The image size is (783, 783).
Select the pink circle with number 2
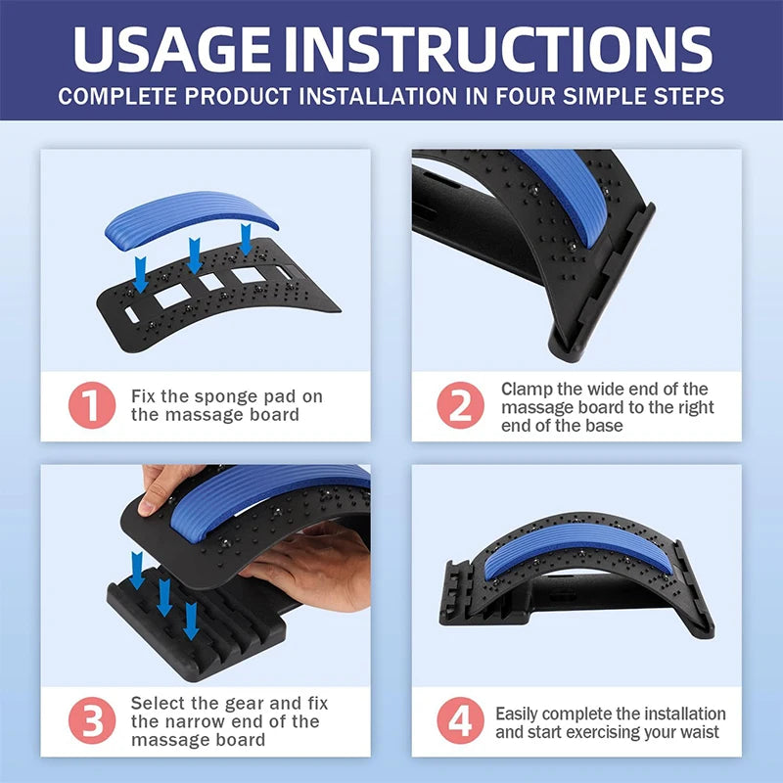click(459, 404)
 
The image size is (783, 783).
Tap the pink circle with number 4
click(459, 721)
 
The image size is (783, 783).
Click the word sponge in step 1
click(225, 396)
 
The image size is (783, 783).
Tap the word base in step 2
click(604, 426)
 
